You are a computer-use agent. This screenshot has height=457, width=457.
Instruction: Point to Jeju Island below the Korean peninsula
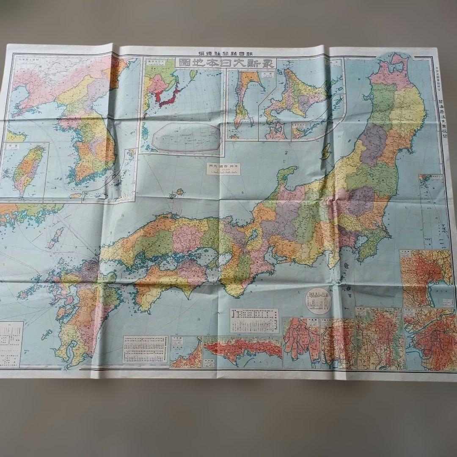tap(75, 195)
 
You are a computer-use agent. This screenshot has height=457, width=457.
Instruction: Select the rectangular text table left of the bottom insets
tap(145, 349)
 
